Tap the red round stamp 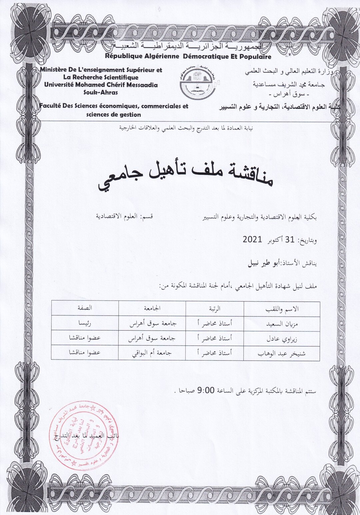[x=77, y=431]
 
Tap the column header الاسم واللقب [x=283, y=309]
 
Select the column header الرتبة [x=215, y=309]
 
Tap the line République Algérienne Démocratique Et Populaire [x=188, y=57]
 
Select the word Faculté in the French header [x=50, y=106]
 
